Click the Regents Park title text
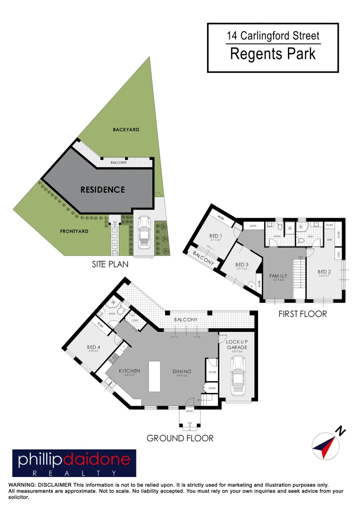click(273, 54)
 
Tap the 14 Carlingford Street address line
click(273, 35)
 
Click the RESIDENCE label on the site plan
click(102, 190)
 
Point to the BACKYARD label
click(126, 129)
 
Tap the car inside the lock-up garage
click(238, 375)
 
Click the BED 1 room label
click(216, 236)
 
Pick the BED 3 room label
click(242, 264)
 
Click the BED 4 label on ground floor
click(94, 347)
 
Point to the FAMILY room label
click(278, 275)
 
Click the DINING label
click(182, 371)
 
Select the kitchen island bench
click(154, 376)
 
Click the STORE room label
click(212, 373)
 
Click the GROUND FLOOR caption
click(180, 438)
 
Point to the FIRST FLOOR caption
click(302, 314)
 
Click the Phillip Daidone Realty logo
click(74, 463)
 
